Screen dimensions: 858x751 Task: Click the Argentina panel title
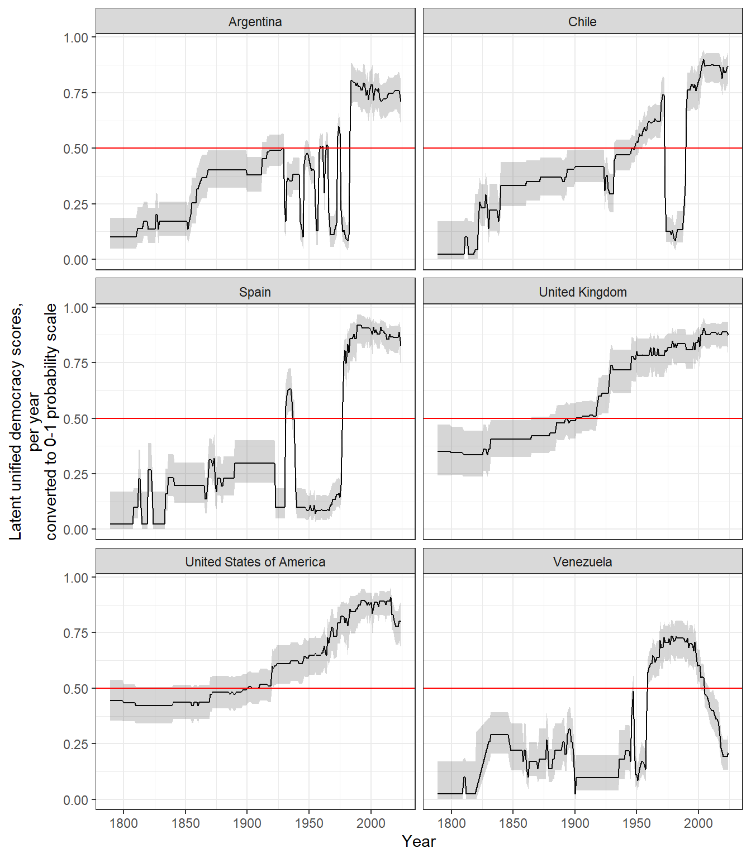255,22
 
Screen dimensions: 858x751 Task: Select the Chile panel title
582,22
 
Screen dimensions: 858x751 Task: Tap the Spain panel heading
255,292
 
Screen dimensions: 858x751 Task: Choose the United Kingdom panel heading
582,292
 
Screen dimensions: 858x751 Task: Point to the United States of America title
255,562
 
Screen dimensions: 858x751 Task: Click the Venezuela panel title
582,562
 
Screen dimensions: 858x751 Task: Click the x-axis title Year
419,841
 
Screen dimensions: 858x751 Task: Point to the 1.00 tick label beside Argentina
75,38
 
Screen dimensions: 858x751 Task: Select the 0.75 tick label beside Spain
75,364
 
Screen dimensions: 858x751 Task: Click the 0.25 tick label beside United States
75,745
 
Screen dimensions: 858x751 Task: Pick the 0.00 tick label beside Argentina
75,260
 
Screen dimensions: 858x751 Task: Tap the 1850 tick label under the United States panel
186,823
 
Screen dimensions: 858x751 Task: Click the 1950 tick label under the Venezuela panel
636,823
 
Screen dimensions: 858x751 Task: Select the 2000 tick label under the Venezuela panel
698,823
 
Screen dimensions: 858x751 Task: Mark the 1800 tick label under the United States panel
123,823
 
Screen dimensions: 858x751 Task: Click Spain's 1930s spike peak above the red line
289,389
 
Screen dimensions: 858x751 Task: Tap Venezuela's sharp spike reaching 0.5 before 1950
633,692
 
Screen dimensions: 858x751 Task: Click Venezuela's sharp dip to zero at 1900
575,793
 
